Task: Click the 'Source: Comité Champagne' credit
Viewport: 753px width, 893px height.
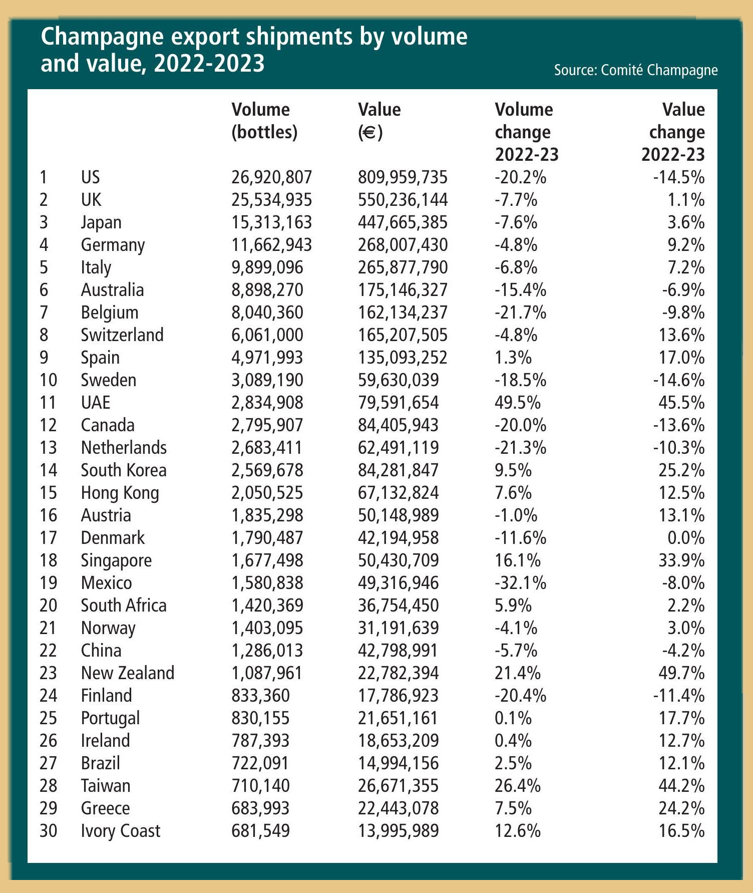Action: [635, 70]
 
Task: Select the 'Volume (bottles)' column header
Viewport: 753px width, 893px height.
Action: [264, 121]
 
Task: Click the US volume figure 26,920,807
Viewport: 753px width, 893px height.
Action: [271, 177]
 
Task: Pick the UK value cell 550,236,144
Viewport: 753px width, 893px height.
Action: [403, 200]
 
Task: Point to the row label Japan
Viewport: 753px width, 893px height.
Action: [101, 222]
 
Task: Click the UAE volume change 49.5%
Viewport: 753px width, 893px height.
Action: [518, 403]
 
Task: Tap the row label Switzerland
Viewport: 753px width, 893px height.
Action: [122, 335]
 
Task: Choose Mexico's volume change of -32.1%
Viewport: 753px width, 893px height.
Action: [520, 583]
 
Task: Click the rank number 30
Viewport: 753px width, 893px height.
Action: [48, 831]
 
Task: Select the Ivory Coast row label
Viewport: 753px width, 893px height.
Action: [120, 831]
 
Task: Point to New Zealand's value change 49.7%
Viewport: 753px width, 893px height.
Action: [681, 673]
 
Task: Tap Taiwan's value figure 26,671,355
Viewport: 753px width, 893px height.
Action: [398, 786]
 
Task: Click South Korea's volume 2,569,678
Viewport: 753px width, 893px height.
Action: [267, 470]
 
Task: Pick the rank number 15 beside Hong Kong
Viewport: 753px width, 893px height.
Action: [48, 493]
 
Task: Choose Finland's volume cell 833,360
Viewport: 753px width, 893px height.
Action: [260, 696]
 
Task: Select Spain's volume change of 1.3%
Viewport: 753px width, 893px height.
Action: [513, 358]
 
